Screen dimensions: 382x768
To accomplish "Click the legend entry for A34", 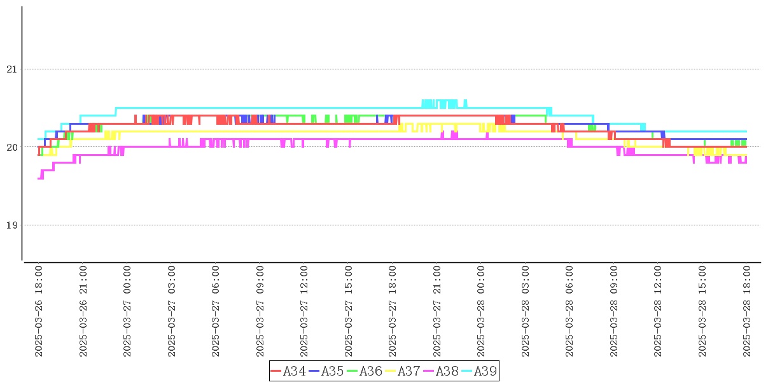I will [x=288, y=371].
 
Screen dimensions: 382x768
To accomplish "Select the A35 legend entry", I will [x=326, y=371].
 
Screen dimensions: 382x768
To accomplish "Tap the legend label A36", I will [x=365, y=371].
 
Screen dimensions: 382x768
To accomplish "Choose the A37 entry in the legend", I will [x=403, y=371].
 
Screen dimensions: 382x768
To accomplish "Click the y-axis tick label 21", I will [x=10, y=69].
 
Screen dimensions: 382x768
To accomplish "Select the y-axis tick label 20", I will [x=10, y=147].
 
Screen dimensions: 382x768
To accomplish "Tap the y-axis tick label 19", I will [x=10, y=225].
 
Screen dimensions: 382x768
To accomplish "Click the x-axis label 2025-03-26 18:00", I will [x=39, y=311].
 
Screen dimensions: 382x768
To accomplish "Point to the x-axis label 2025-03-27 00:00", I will [x=127, y=311].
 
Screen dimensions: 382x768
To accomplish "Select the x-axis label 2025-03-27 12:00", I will [x=304, y=311].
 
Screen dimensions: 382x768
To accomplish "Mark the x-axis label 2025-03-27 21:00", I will [x=437, y=311].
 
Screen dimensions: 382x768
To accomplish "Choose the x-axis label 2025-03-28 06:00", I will [x=569, y=311].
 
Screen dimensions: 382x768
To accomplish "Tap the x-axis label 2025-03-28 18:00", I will [x=746, y=311].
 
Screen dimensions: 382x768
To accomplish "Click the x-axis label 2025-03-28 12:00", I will [x=658, y=311].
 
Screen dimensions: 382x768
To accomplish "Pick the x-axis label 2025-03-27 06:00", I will [x=216, y=311].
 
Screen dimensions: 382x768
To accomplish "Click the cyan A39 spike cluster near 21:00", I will [x=440, y=103].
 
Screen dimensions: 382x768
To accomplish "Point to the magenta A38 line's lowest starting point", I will [x=40, y=178].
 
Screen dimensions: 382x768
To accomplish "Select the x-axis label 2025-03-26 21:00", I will [x=83, y=311].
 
